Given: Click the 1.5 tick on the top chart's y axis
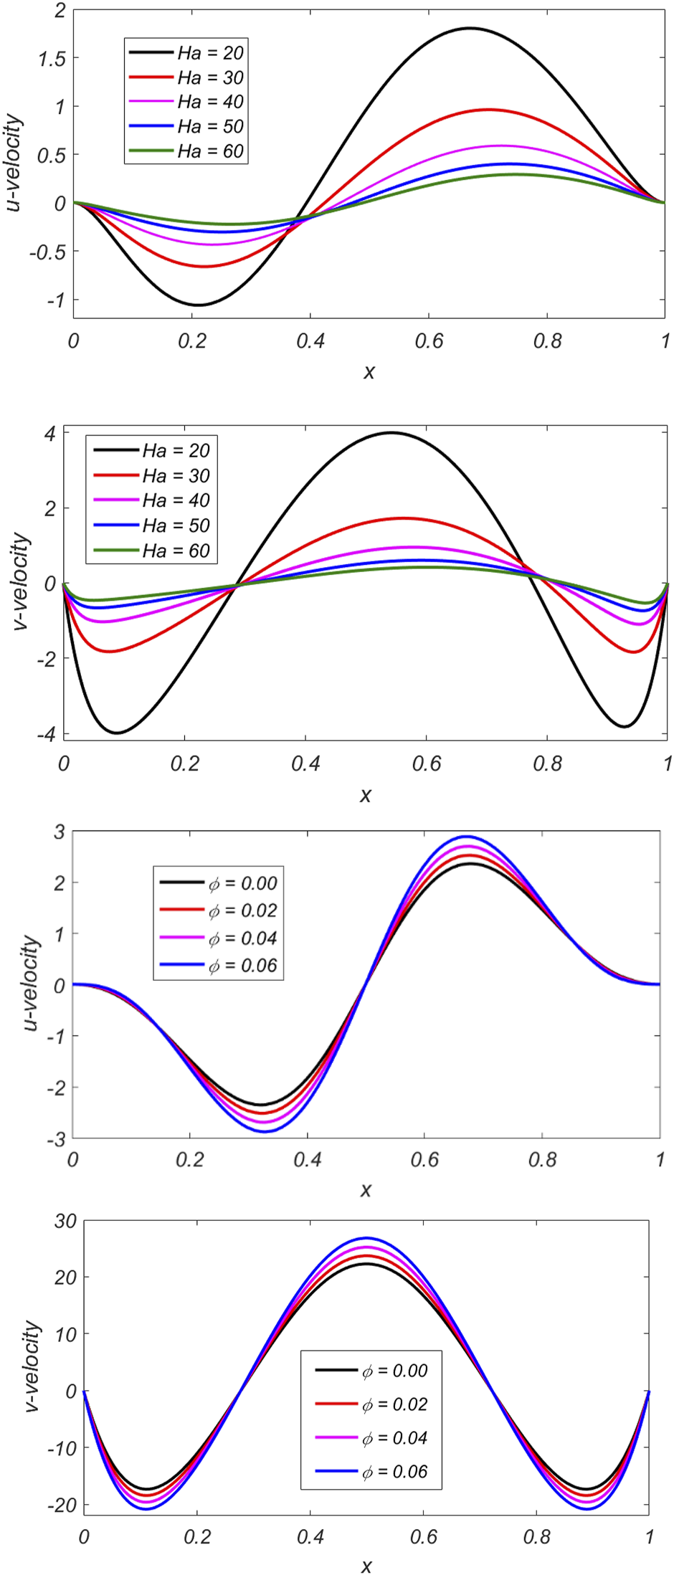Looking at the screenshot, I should [51, 58].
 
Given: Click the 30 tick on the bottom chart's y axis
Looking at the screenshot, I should [65, 1221].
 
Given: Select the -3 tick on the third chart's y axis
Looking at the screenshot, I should [57, 1139].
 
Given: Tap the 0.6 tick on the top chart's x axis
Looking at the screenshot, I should [428, 341].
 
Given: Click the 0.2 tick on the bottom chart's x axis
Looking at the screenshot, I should [197, 1536].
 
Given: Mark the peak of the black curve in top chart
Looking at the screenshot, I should [470, 28].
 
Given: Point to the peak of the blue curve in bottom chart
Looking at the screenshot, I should [366, 1238].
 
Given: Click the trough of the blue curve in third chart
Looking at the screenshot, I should [265, 1131].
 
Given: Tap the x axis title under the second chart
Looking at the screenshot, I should [366, 795].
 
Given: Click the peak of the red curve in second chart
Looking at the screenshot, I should [403, 518].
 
